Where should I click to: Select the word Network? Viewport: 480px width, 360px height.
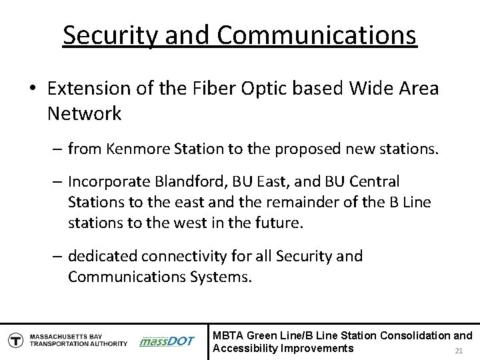[x=85, y=114]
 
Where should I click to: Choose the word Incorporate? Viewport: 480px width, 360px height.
[x=109, y=181]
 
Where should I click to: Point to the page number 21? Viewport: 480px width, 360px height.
[x=457, y=351]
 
